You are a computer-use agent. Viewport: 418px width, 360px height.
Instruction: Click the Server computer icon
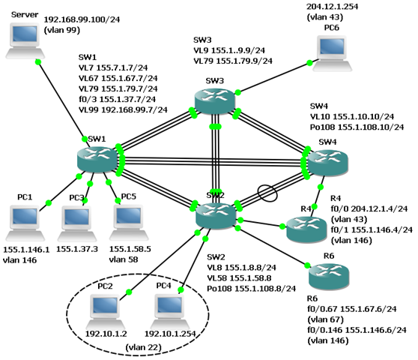[x=25, y=40]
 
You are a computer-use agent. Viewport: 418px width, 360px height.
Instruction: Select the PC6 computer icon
[x=332, y=53]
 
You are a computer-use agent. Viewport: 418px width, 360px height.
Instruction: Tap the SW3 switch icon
[x=215, y=100]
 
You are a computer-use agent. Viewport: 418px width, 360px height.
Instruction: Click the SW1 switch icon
[x=97, y=159]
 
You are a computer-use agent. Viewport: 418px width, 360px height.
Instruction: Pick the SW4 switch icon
[x=328, y=163]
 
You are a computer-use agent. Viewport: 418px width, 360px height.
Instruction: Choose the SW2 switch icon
[x=216, y=214]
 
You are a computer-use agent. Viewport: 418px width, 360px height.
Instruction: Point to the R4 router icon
[x=306, y=229]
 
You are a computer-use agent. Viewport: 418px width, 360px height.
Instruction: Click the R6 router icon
[x=329, y=276]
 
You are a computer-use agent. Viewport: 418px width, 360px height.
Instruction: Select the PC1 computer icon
[x=25, y=223]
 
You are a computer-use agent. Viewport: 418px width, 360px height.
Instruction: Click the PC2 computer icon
[x=106, y=312]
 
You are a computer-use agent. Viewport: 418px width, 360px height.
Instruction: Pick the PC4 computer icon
[x=170, y=312]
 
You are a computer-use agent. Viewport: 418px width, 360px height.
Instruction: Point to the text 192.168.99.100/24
[x=82, y=19]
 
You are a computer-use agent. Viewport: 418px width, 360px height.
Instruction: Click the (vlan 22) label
[x=144, y=347]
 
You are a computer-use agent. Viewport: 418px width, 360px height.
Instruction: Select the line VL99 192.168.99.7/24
[x=123, y=109]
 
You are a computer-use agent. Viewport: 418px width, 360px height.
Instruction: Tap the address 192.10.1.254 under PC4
[x=170, y=334]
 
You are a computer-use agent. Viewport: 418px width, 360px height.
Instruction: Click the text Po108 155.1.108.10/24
[x=357, y=127]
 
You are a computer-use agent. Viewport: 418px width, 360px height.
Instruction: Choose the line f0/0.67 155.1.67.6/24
[x=352, y=309]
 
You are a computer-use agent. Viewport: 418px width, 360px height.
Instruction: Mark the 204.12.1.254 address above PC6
[x=332, y=7]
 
